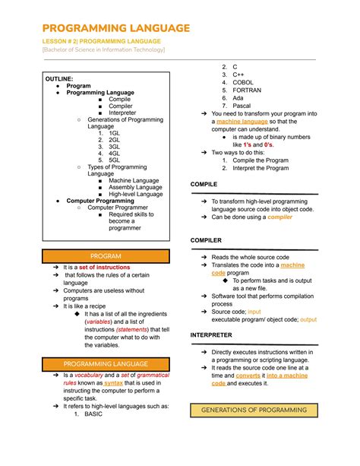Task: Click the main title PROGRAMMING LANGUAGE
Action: point(116,28)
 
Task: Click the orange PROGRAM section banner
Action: point(106,256)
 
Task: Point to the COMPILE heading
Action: point(204,184)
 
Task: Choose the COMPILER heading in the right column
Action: point(206,240)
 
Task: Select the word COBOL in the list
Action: point(244,83)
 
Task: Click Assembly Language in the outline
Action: point(135,186)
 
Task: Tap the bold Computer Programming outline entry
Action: point(100,201)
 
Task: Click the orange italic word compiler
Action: point(280,217)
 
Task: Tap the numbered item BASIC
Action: point(93,414)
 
